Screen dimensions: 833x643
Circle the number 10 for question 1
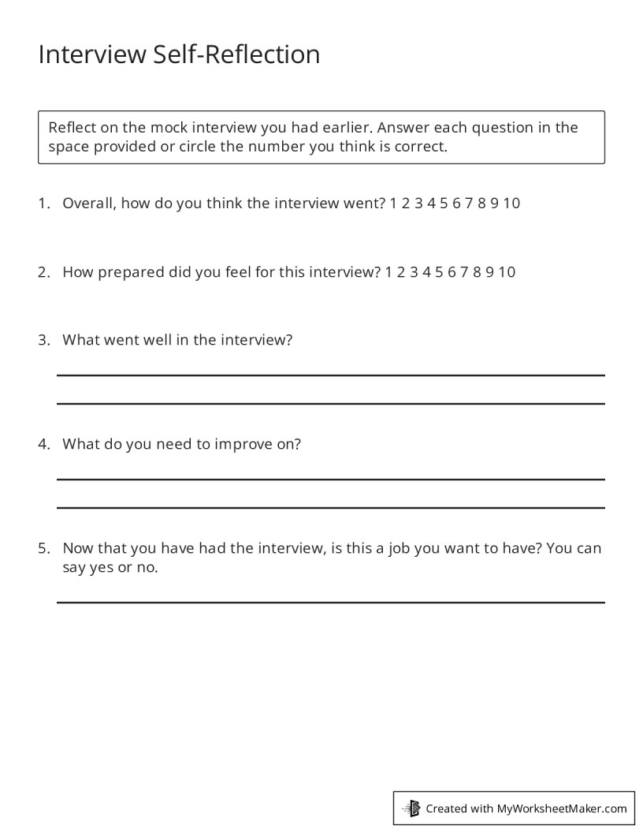(511, 204)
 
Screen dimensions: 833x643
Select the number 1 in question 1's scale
(393, 204)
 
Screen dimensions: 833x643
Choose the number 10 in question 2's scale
(507, 272)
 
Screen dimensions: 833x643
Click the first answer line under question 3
(330, 375)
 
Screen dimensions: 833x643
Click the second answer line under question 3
(330, 403)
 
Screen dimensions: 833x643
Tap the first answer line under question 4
(330, 478)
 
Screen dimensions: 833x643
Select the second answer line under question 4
(330, 506)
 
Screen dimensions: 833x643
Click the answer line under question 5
(330, 602)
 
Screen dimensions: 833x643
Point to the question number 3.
(43, 340)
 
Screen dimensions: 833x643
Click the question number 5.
(43, 547)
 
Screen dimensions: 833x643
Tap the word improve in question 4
(243, 444)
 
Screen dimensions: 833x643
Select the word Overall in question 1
(87, 204)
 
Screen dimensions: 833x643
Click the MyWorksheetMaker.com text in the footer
(562, 809)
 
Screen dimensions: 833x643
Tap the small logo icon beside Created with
(412, 808)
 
